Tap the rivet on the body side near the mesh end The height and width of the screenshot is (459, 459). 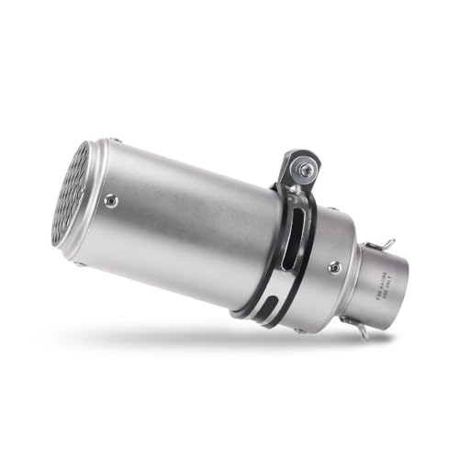coord(111,201)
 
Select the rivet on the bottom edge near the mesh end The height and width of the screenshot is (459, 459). coord(77,264)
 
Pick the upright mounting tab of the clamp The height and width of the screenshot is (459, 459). coord(296,174)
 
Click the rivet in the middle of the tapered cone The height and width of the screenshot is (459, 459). coord(334,267)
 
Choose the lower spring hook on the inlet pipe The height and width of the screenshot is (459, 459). coord(362,330)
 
